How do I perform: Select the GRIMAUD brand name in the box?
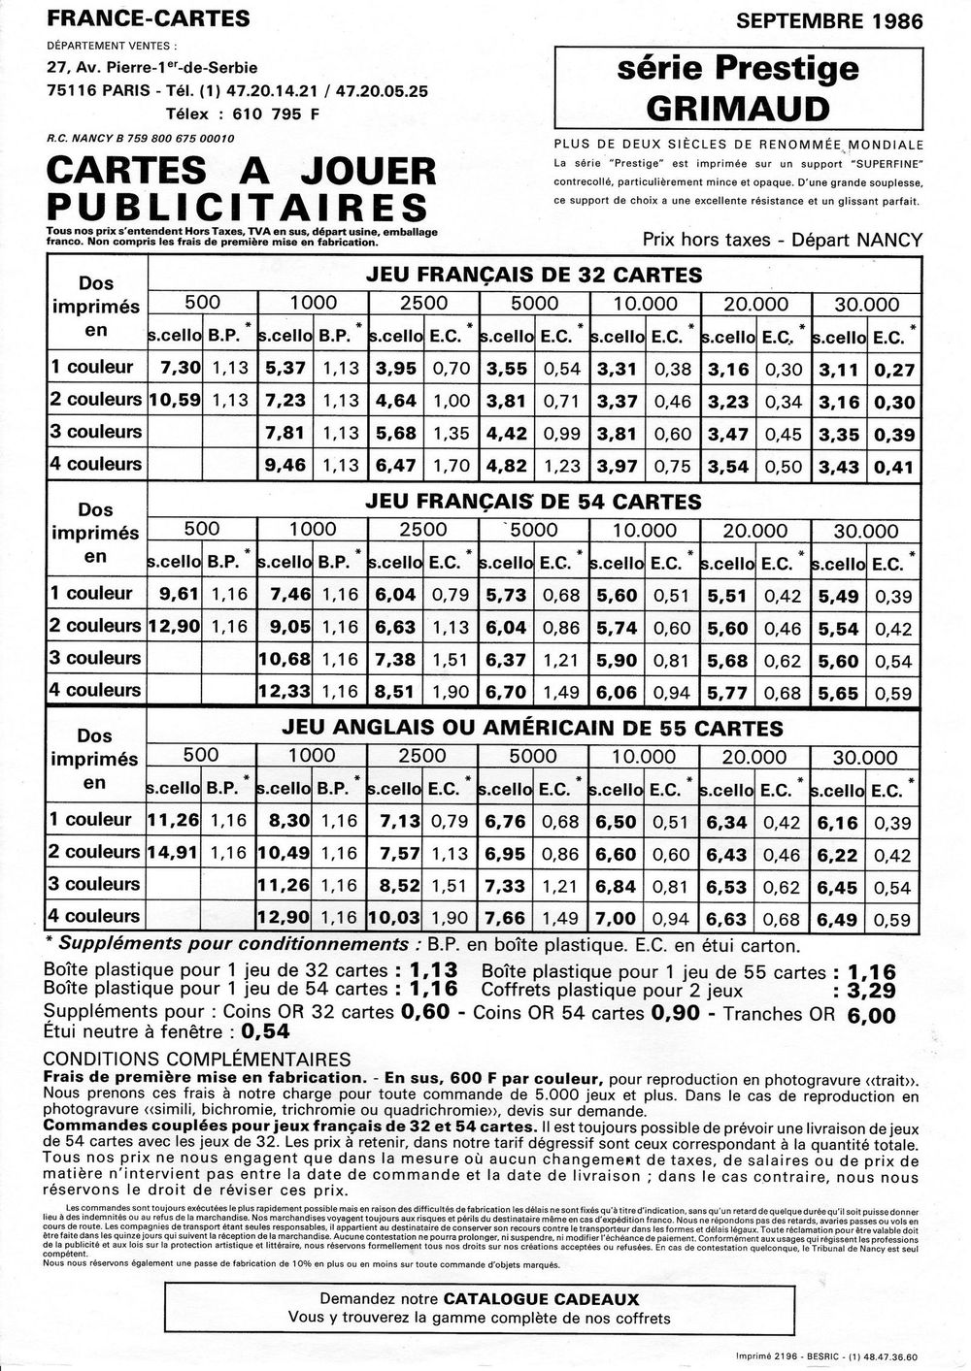point(739,107)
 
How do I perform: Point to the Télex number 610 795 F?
point(270,114)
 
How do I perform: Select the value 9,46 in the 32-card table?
point(285,465)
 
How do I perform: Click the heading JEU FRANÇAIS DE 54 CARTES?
point(533,502)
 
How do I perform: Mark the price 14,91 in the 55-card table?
point(173,852)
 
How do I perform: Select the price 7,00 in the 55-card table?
point(617,917)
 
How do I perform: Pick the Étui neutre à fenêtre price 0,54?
point(266,1032)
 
